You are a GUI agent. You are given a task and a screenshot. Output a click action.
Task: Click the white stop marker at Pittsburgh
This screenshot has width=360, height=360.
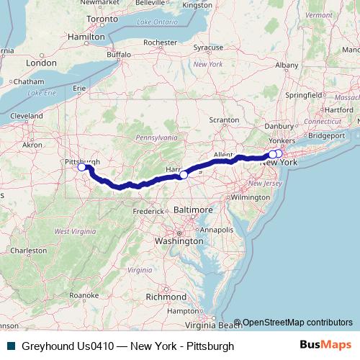(81, 168)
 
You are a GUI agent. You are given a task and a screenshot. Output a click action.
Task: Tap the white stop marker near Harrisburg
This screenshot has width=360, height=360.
(184, 175)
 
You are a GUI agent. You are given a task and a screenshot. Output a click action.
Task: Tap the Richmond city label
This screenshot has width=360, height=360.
(166, 296)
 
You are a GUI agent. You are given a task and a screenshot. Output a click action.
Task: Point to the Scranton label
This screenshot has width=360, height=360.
(224, 120)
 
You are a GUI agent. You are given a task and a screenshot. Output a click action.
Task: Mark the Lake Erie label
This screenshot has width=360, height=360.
(41, 93)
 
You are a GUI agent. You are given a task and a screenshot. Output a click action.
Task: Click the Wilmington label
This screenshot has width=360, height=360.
(250, 197)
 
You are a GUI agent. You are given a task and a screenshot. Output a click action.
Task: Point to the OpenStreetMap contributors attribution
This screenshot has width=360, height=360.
(297, 323)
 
